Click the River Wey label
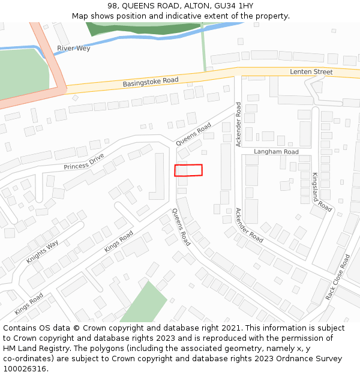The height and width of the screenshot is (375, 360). [x=74, y=48]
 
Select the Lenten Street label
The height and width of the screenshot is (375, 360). [x=311, y=72]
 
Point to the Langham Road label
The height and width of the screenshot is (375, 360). [x=276, y=152]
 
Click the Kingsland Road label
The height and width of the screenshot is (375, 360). [x=321, y=192]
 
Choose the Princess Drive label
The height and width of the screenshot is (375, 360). [x=84, y=162]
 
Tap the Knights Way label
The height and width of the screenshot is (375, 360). [x=43, y=252]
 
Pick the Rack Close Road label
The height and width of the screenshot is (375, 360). [x=337, y=277]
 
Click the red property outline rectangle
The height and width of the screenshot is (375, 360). [x=188, y=170]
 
